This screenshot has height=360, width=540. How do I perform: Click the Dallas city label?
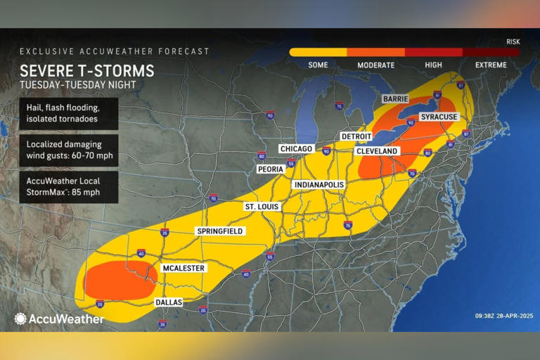pos(168,302)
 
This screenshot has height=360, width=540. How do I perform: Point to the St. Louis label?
pos(262,207)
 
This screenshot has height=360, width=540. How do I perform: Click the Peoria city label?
pos(271,169)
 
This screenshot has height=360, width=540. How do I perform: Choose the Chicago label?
pos(295,149)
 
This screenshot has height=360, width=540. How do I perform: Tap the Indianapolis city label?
pos(319,184)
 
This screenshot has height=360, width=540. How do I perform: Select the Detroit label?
pos(356,136)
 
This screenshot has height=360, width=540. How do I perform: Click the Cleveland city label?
pos(377,151)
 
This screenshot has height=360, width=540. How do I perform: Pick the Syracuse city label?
pos(439,116)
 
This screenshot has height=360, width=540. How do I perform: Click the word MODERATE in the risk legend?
pos(375,65)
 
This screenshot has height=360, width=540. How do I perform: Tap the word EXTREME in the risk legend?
pos(490,65)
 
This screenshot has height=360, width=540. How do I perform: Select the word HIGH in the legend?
pos(433,65)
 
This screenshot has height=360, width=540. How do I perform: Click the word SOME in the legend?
pos(318,65)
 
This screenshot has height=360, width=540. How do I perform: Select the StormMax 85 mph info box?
pos(68,186)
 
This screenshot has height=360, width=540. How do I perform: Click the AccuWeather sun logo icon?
pos(20,319)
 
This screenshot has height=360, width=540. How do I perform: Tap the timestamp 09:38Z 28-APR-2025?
pos(489,316)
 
